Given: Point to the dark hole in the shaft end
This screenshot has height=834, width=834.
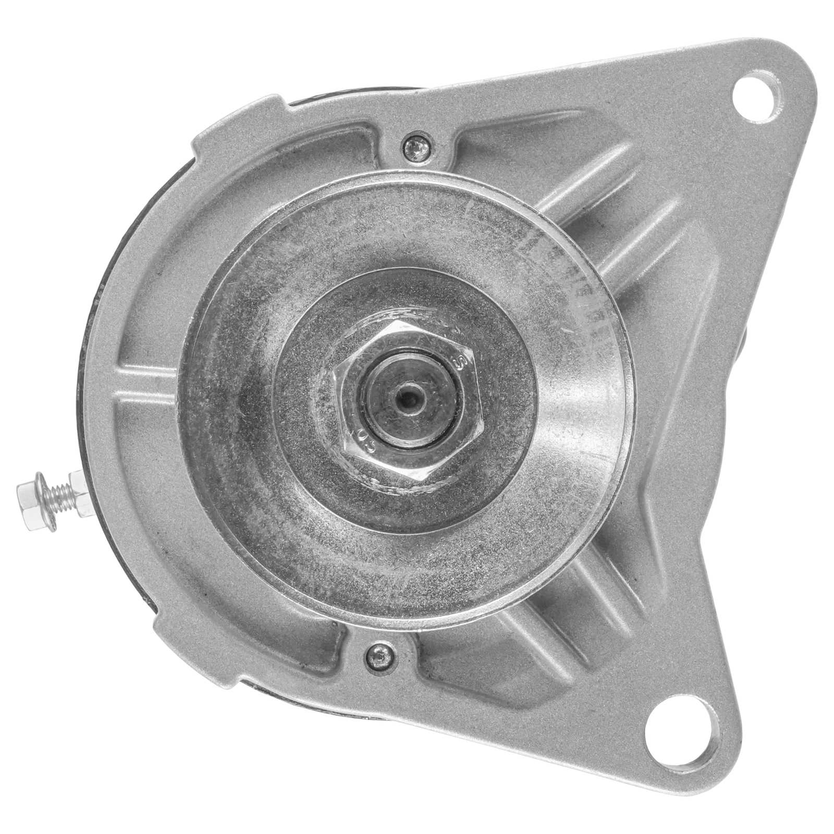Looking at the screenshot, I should click(408, 401).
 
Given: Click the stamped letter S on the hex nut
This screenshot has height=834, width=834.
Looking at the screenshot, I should click(460, 363).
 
